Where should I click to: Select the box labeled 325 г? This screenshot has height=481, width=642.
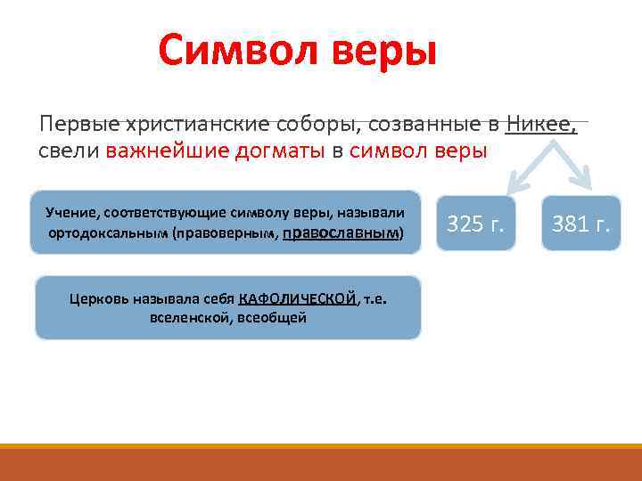pyautogui.click(x=476, y=224)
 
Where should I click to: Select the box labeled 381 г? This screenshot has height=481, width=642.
pyautogui.click(x=580, y=224)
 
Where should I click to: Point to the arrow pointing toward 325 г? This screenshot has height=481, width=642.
pyautogui.click(x=526, y=170)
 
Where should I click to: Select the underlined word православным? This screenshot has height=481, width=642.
pyautogui.click(x=341, y=232)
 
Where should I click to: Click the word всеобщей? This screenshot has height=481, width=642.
pyautogui.click(x=272, y=317)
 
